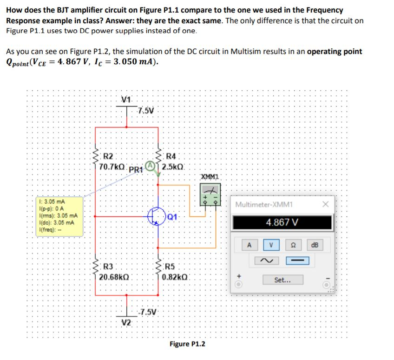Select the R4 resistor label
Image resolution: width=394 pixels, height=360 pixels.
pos(171,156)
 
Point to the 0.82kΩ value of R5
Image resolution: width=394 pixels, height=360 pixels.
pos(176,277)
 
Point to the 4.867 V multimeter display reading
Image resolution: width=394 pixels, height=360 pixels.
pos(282,222)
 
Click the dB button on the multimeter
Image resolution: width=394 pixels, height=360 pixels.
pos(315,245)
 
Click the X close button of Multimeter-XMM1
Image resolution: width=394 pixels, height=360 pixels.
pos(326,205)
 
